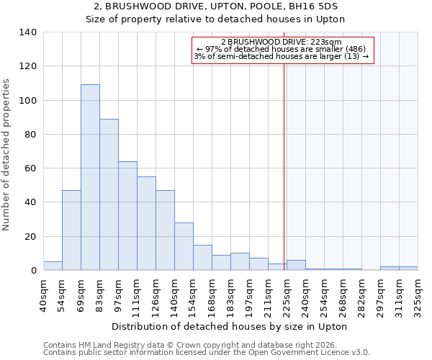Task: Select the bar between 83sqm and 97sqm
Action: [109, 194]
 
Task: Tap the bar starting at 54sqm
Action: [71, 230]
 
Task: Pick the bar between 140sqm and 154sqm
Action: [184, 246]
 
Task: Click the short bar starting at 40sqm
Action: [53, 266]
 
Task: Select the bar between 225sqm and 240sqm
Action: [296, 265]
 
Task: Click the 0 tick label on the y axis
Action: [33, 271]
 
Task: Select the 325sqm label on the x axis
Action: [418, 294]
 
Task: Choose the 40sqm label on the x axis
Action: [43, 294]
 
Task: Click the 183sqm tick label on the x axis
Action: [230, 294]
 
